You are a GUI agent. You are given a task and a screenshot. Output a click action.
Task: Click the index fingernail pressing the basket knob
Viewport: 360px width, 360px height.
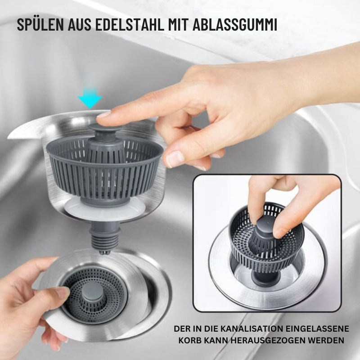[103, 115]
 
